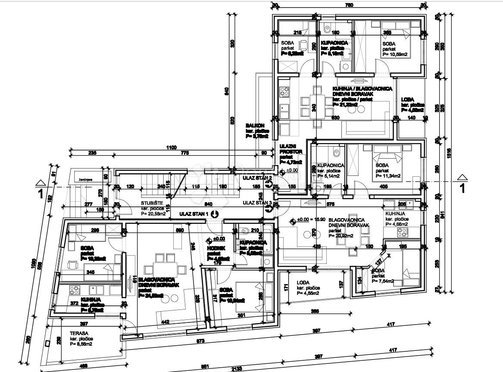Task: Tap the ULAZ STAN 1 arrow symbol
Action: point(215,213)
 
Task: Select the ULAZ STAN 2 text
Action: point(257,178)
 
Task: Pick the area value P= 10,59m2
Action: point(395,54)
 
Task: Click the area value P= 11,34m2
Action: point(388,176)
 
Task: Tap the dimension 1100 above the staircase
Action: point(172,148)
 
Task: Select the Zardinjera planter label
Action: point(81,178)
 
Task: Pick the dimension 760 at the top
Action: point(349,5)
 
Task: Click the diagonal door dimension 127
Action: point(378,260)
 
